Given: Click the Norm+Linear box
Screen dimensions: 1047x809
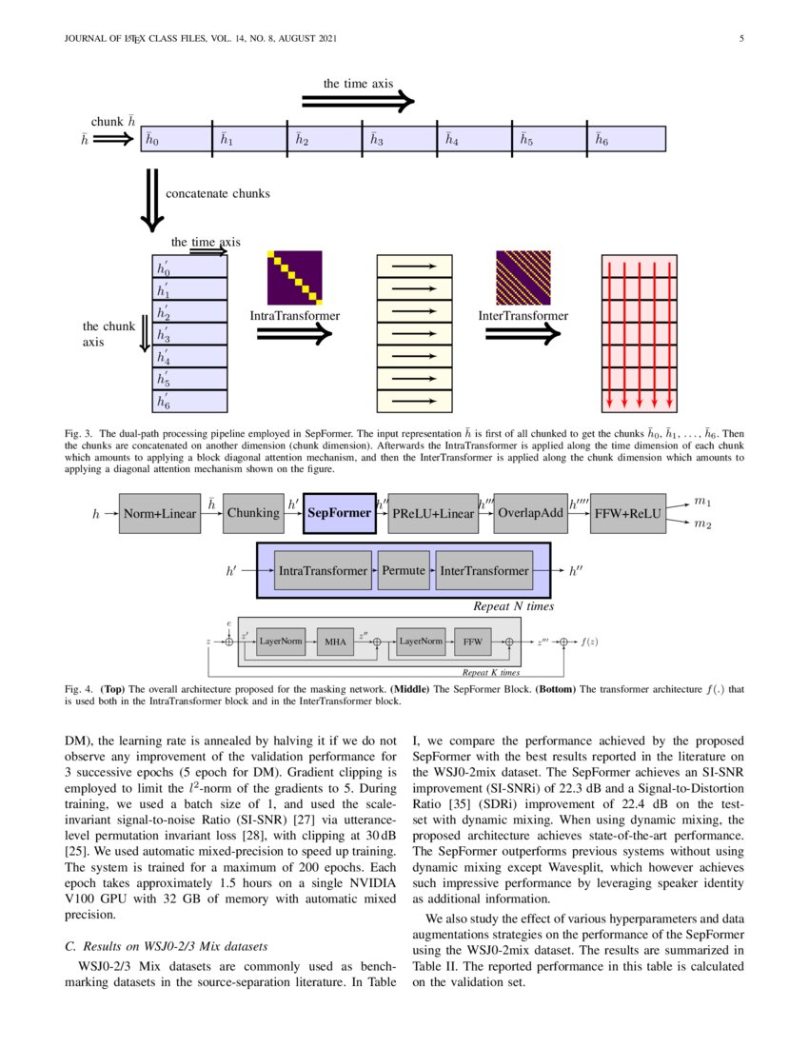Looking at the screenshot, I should [160, 514].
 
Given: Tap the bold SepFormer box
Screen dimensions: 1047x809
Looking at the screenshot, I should [340, 513].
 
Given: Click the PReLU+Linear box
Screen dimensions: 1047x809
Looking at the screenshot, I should [432, 514].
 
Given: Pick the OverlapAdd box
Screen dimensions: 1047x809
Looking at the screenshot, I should [531, 513].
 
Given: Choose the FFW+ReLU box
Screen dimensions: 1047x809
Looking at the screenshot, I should [625, 514].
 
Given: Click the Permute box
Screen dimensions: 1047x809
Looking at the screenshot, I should [404, 570].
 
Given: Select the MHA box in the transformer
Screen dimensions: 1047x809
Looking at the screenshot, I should [335, 642].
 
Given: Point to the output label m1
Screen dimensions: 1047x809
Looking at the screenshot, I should [702, 501].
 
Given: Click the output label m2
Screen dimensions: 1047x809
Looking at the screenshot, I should [702, 524].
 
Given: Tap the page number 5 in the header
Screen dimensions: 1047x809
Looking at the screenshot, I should [740, 39].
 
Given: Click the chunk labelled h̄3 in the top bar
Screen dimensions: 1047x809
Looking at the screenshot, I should [399, 139].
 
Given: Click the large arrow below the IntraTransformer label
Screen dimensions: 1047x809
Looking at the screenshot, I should [294, 334].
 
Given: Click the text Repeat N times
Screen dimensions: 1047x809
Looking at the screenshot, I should [513, 605].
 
